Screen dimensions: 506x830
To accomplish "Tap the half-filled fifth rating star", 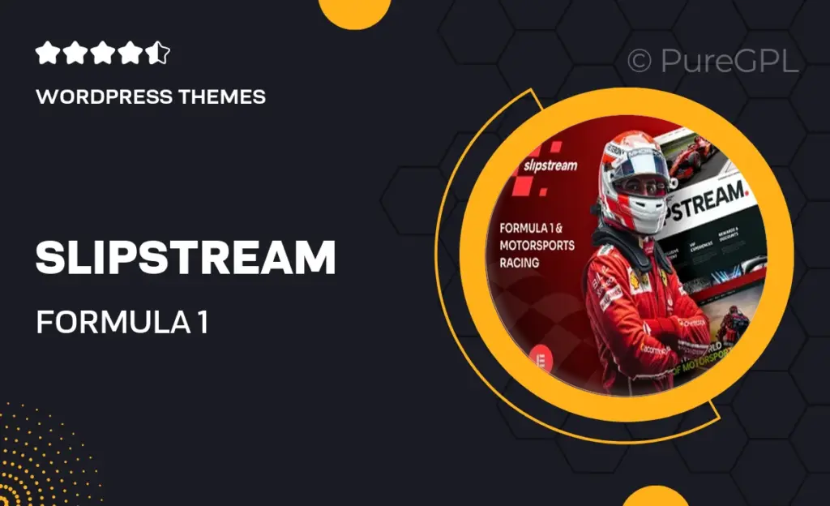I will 160,54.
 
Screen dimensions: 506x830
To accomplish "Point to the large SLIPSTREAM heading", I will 185,258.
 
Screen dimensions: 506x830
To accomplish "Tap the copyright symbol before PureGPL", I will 640,62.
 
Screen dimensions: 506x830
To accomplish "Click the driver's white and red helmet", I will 635,179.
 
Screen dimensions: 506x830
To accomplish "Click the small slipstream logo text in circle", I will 550,165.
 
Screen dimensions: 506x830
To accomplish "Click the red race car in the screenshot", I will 691,157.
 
